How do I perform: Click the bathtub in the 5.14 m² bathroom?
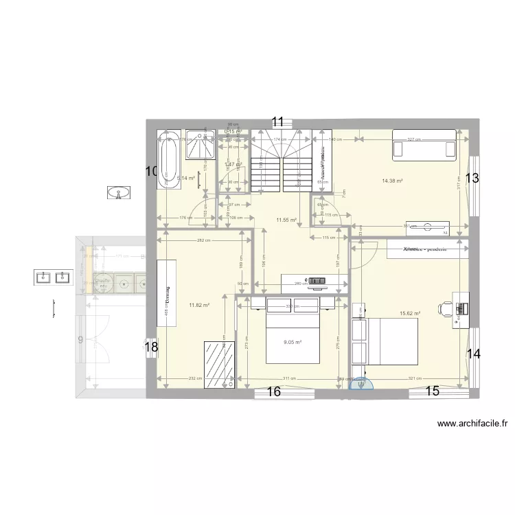(x=169, y=158)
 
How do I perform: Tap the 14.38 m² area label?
(x=392, y=181)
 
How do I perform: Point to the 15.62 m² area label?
(x=409, y=314)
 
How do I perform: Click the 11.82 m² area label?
(x=199, y=305)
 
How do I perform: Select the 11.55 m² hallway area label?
(x=286, y=220)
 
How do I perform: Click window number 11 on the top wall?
(x=277, y=123)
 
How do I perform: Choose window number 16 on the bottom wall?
(x=273, y=393)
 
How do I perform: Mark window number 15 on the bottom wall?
(x=432, y=392)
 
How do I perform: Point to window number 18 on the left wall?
(x=151, y=348)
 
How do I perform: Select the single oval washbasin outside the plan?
(x=119, y=193)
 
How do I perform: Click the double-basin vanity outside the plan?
(x=53, y=277)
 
